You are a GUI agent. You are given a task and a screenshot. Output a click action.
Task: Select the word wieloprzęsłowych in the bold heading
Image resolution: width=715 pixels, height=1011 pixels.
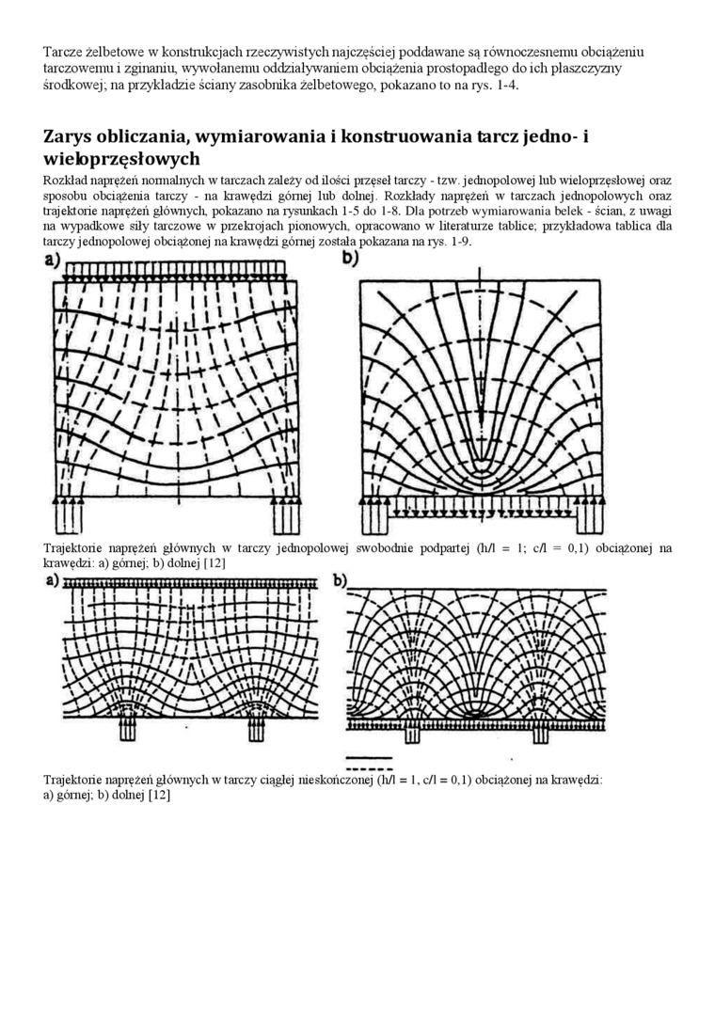[121, 159]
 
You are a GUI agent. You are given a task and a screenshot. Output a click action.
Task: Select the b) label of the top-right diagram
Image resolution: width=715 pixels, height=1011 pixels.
[352, 259]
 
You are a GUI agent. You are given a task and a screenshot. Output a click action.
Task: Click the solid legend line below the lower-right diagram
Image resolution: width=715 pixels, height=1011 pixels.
[369, 756]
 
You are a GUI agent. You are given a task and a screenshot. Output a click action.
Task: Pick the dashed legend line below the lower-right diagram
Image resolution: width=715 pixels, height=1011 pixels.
[369, 767]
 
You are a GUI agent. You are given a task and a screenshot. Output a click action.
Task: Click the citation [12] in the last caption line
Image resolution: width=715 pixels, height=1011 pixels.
[159, 795]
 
